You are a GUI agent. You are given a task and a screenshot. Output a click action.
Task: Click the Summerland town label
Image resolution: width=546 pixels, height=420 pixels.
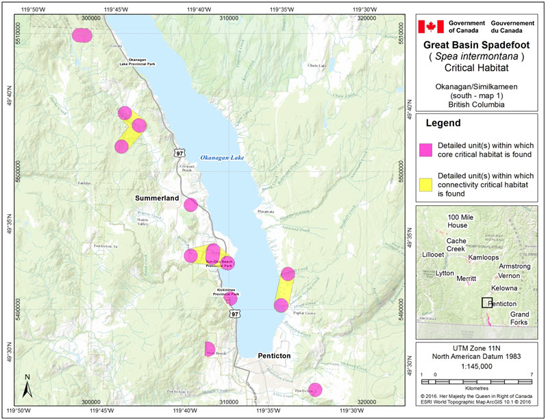[156, 198]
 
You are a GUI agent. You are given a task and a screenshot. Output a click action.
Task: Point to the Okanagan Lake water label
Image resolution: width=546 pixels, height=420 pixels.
[222, 158]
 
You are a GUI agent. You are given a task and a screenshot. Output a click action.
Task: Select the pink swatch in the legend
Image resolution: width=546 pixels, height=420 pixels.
[426, 149]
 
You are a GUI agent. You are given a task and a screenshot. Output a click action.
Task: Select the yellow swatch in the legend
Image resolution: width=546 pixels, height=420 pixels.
[426, 183]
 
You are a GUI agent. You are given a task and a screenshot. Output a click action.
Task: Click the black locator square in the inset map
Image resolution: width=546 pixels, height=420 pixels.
[486, 303]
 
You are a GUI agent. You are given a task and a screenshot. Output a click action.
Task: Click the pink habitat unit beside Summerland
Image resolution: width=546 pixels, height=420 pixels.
[191, 205]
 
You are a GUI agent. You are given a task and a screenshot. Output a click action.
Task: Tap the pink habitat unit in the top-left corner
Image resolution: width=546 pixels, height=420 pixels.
[82, 35]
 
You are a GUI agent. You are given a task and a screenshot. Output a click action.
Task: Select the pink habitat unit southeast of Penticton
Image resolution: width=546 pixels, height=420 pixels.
[315, 390]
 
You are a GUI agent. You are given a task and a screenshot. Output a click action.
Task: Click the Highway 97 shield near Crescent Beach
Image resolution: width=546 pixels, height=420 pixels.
[179, 152]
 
